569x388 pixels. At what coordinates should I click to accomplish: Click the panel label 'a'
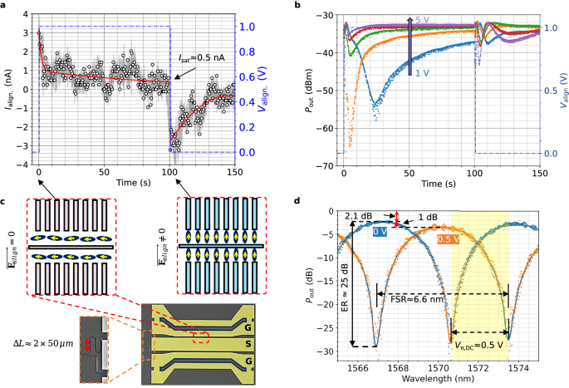pyautogui.click(x=4, y=6)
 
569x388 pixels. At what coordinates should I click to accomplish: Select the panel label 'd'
pyautogui.click(x=300, y=199)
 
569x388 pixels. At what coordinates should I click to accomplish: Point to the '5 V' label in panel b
pyautogui.click(x=423, y=19)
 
